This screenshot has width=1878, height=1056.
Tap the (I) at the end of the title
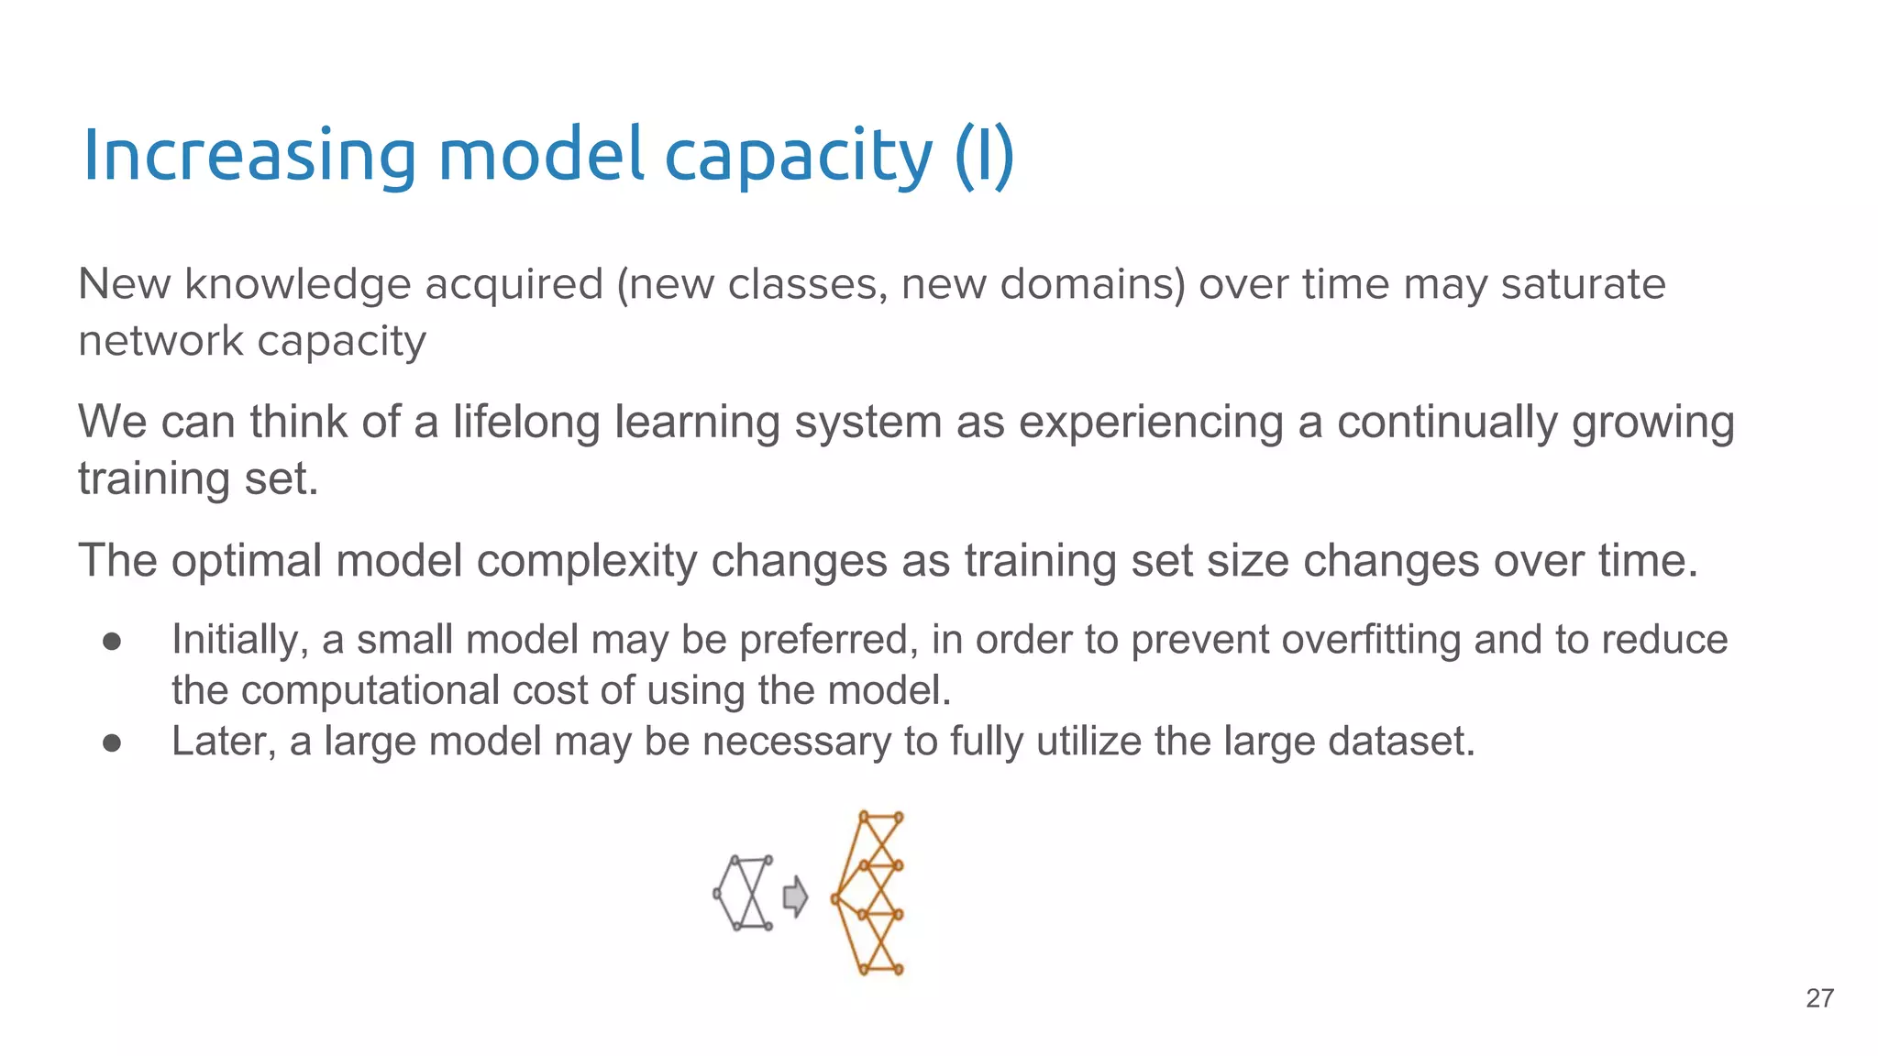coord(984,156)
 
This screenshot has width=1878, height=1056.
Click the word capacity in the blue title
coord(797,156)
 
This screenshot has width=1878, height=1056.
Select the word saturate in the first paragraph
coord(1583,284)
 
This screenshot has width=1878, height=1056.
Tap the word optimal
coord(246,560)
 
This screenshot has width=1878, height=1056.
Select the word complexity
coord(587,560)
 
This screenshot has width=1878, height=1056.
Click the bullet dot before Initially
coord(112,641)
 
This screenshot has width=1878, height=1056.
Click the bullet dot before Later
coord(112,742)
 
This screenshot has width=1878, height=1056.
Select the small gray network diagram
coord(744,893)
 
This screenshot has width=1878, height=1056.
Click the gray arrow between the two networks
coord(795,896)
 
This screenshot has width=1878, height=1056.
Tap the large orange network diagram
coord(869,893)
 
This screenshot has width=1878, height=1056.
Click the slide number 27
coord(1819,998)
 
